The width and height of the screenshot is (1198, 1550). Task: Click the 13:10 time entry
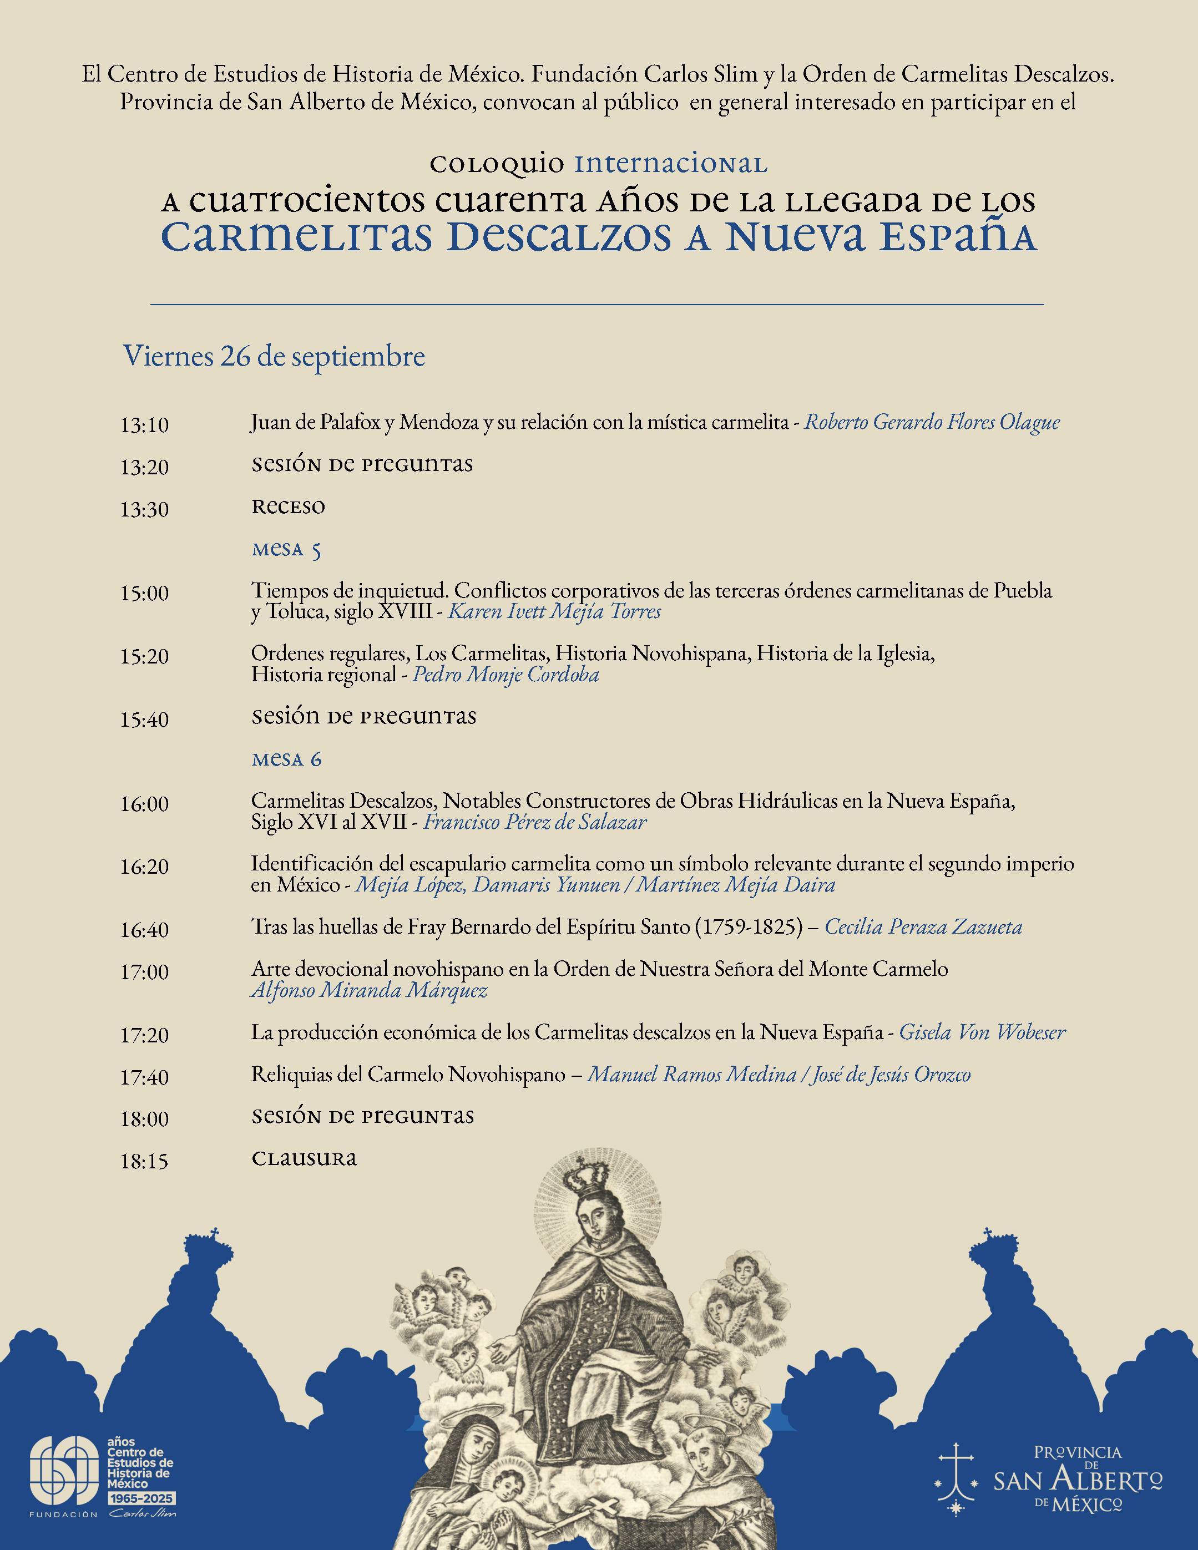144,425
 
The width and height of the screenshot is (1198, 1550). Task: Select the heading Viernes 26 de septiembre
274,356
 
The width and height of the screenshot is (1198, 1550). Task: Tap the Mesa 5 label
286,549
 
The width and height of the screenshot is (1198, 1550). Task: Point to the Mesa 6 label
286,759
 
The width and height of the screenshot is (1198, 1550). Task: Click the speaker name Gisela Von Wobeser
982,1032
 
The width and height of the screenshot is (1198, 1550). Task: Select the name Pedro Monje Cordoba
506,674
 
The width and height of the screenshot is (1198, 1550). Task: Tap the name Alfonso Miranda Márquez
369,991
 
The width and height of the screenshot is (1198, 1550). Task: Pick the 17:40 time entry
144,1077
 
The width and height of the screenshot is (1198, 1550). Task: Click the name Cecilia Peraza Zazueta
923,928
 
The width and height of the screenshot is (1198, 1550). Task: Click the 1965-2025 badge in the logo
141,1498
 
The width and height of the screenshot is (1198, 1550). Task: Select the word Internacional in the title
671,165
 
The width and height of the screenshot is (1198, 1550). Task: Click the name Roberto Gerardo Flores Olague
931,422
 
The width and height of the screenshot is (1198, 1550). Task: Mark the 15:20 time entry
144,656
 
